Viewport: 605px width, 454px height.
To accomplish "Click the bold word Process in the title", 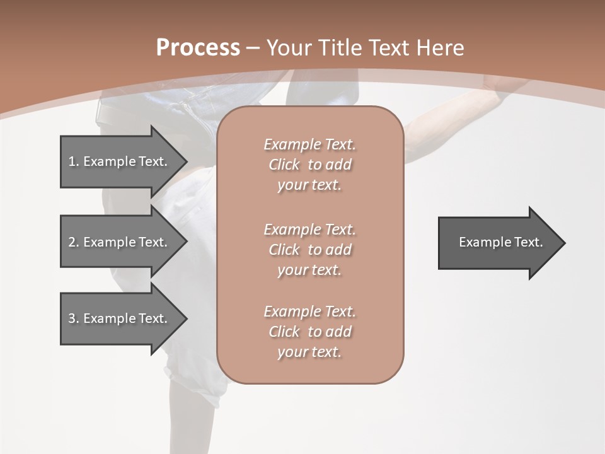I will click(x=198, y=47).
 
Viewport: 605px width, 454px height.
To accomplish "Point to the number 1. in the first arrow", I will click(x=74, y=161).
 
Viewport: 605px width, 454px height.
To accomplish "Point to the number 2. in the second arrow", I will click(x=74, y=242).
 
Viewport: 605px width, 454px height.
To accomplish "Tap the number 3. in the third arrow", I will click(x=74, y=318).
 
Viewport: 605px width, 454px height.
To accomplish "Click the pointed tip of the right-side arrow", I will click(x=563, y=243).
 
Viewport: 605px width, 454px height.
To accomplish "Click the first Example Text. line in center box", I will click(x=309, y=144).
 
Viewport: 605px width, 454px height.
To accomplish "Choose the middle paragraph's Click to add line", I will click(x=309, y=250).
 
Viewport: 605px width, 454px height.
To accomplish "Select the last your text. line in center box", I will click(x=309, y=352).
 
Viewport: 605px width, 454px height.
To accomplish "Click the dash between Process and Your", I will click(x=253, y=48).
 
